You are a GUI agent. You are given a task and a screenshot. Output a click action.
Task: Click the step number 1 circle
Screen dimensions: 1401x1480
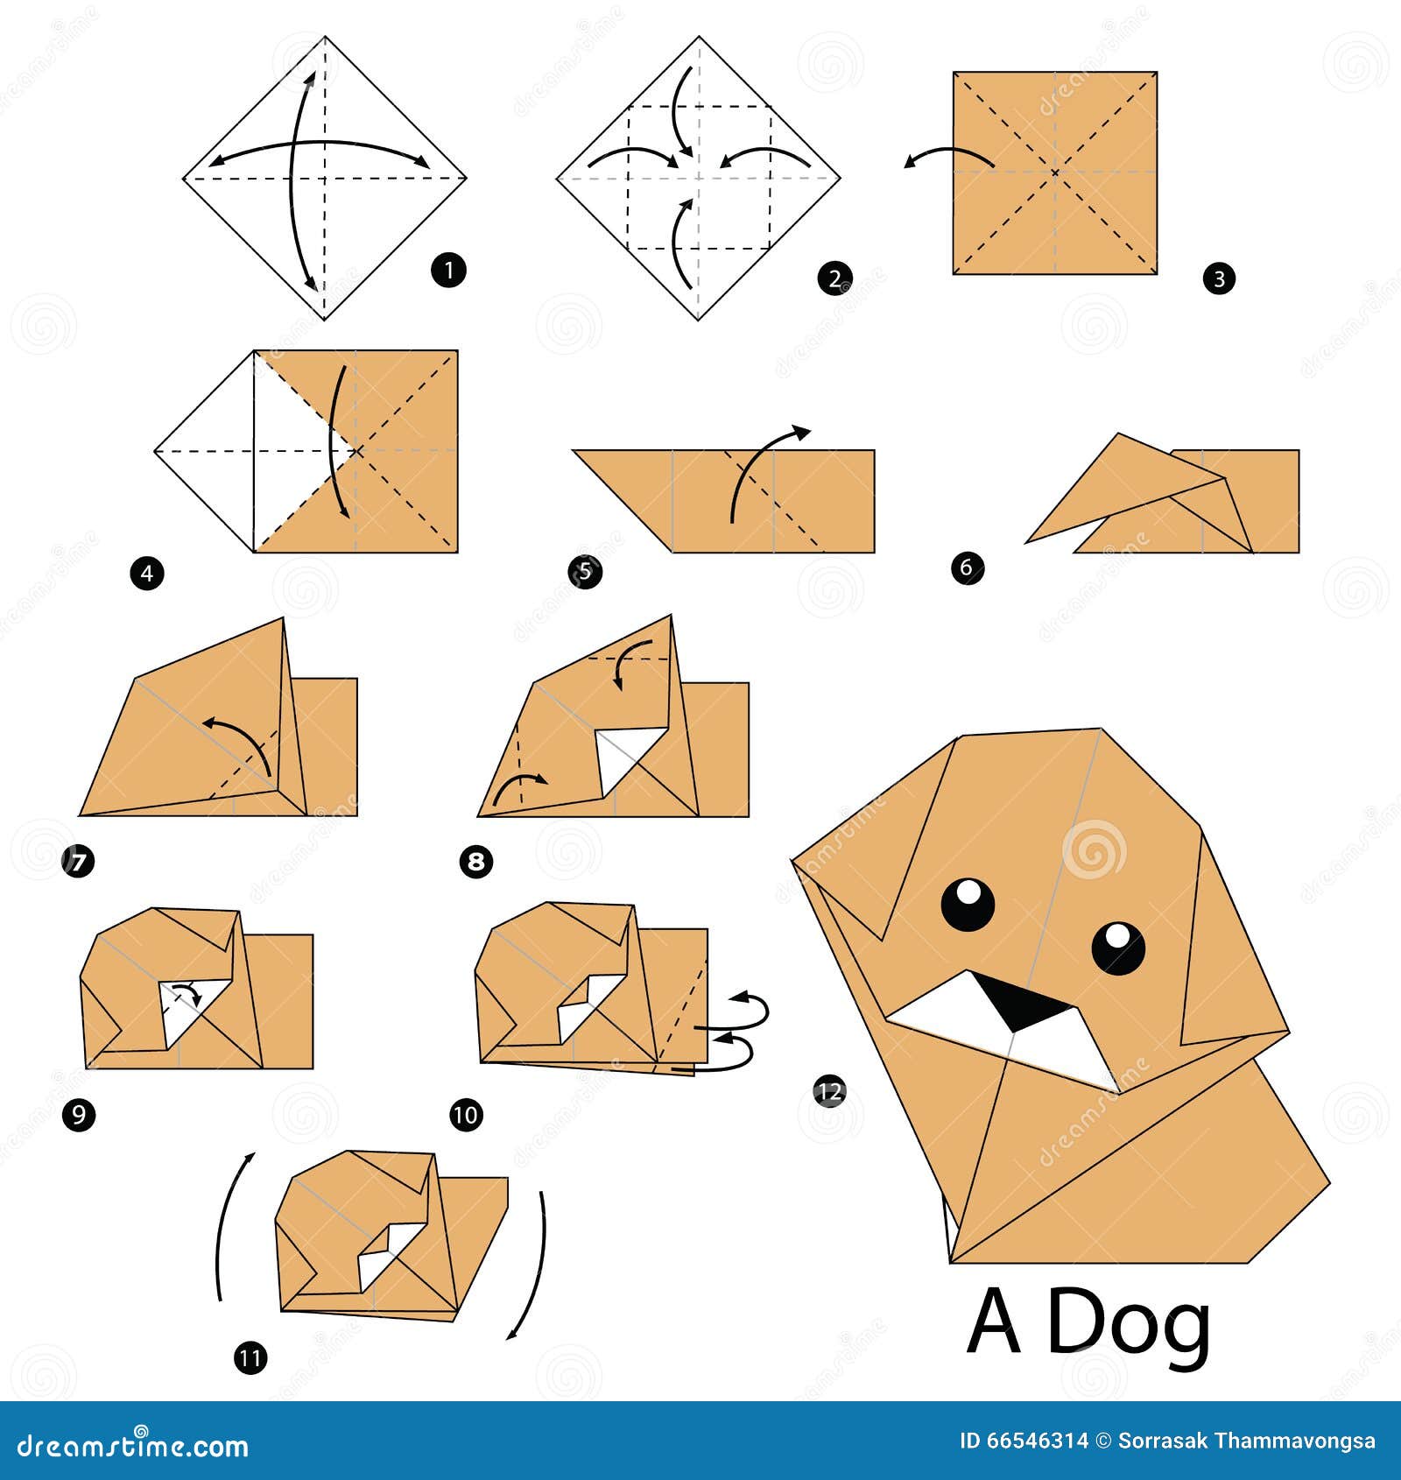[448, 270]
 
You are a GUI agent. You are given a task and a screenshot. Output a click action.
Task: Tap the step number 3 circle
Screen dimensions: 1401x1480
[1219, 279]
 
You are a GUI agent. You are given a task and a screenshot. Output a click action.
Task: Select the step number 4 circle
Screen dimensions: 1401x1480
[147, 574]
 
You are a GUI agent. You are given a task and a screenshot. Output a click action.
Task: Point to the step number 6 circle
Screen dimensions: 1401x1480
[967, 567]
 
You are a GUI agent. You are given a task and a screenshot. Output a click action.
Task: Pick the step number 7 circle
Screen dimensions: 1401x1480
[78, 863]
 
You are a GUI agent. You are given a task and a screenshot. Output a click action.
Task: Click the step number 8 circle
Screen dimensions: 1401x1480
[475, 862]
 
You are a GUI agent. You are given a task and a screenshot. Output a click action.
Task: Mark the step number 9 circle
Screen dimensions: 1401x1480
[79, 1115]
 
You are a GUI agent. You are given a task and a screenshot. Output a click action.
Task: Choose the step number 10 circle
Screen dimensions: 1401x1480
[466, 1115]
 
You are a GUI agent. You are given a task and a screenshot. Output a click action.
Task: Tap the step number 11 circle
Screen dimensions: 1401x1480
[250, 1358]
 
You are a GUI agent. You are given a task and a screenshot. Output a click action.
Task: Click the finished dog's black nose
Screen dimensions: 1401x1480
[1026, 1003]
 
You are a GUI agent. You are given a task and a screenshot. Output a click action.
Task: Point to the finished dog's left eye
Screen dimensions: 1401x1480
[968, 903]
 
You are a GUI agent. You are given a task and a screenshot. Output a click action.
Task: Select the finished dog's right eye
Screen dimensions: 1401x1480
[1118, 948]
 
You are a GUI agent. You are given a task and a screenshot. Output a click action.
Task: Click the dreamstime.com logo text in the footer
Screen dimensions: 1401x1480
[133, 1446]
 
